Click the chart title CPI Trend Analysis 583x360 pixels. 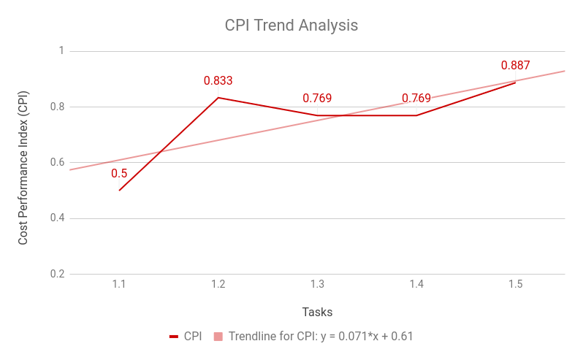pos(291,25)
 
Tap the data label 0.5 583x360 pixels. pos(119,173)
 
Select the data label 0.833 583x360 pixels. pos(218,80)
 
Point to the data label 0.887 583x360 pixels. pos(515,65)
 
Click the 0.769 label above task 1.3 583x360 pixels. pos(317,98)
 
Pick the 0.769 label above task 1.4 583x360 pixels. pos(416,98)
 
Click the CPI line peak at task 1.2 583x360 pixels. pos(218,97)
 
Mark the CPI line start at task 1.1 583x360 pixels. pos(119,190)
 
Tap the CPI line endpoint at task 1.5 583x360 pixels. pos(515,83)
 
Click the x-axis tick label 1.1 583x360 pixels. pos(119,284)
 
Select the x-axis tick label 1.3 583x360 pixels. pos(317,284)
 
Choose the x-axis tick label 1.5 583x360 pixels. pos(515,284)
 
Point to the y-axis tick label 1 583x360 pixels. pos(61,51)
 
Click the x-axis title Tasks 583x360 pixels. pos(317,312)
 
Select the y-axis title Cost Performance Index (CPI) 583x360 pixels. pos(23,166)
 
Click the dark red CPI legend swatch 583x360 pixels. pos(174,337)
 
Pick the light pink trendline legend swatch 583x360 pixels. pos(218,337)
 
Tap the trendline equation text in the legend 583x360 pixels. pos(321,336)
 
